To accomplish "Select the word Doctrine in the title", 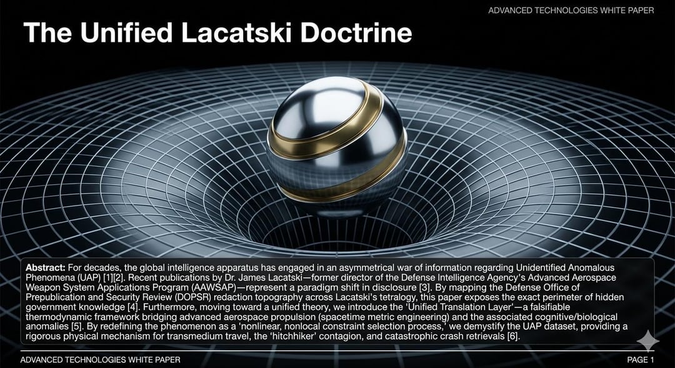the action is click(x=356, y=32).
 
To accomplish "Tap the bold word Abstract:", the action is click(x=45, y=267).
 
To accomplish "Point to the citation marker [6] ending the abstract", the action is click(x=514, y=336).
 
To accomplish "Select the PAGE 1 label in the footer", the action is click(x=641, y=360).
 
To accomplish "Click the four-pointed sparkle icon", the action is click(x=648, y=341).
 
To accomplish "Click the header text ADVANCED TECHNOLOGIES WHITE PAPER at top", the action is click(x=571, y=11).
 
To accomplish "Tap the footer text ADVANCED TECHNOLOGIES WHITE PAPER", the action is click(x=100, y=360).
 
